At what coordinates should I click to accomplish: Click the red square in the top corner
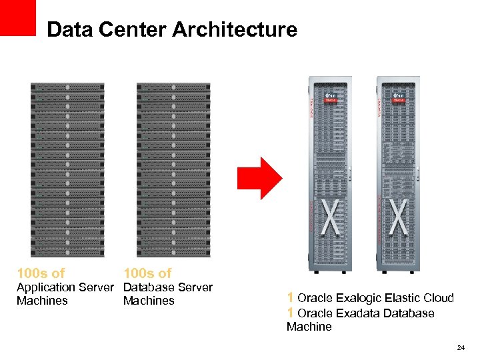point(18,17)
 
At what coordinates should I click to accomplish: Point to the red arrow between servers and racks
point(261,177)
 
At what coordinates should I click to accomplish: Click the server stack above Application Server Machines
point(67,170)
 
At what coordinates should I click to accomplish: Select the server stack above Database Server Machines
point(173,170)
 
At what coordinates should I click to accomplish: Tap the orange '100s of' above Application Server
point(41,273)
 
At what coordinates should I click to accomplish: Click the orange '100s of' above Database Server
point(147,273)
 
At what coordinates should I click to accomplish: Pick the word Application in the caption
point(45,287)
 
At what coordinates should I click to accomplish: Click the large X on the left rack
point(332,217)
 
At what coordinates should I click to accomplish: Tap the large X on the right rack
point(399,217)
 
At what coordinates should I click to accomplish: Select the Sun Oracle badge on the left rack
point(331,98)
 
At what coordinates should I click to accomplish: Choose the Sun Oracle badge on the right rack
point(398,98)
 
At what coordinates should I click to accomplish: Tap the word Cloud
point(438,298)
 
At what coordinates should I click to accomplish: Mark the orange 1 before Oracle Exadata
point(291,313)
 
